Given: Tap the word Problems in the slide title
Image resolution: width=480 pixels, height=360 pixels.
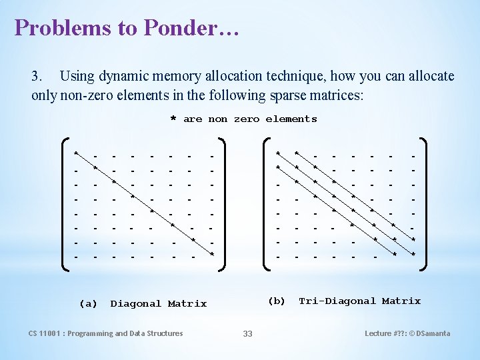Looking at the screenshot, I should pos(54,27).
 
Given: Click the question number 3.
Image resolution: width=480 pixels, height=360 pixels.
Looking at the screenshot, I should pos(37,76).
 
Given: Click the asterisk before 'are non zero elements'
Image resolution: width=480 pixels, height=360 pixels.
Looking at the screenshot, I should pos(173,120).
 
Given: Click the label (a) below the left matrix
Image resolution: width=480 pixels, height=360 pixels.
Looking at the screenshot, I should pos(88,303).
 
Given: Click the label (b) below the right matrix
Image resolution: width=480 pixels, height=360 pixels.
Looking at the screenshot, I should pos(276,301).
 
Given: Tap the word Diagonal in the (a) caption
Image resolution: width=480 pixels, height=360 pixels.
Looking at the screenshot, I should pos(135,303).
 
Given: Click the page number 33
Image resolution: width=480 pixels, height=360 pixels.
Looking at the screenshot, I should pos(247,333).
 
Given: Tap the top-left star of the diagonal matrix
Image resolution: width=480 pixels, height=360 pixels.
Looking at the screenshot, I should pos(76,153).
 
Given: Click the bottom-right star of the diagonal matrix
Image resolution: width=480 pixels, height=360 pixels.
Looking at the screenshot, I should pos(212,254).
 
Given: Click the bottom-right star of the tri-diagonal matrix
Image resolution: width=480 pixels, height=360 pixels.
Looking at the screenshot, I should pos(413,254).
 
